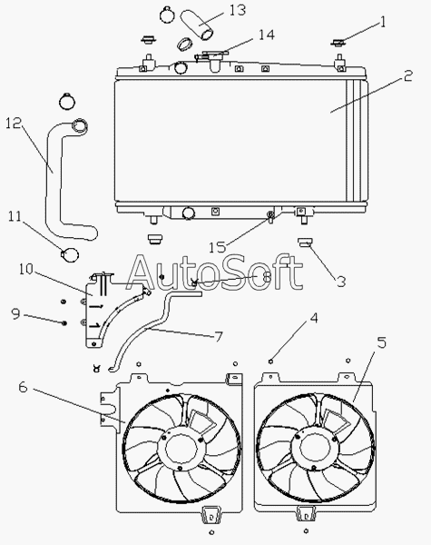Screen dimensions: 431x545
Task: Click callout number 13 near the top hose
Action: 237,10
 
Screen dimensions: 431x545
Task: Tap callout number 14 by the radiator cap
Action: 267,35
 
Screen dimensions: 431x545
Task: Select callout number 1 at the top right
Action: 383,22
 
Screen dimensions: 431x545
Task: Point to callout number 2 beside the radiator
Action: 407,75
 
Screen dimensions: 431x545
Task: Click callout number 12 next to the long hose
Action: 14,123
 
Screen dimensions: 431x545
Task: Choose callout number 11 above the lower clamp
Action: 15,216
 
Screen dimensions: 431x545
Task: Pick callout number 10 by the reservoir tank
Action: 26,269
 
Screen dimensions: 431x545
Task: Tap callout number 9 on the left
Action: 15,314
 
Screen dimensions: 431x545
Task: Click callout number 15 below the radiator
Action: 217,247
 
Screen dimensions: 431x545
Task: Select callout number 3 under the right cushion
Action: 341,282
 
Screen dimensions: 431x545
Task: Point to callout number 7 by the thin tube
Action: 218,336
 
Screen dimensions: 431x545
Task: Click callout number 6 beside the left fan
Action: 23,387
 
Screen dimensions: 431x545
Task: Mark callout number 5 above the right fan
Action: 381,342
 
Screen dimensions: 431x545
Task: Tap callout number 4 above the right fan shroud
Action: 314,318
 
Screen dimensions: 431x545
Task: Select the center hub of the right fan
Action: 315,447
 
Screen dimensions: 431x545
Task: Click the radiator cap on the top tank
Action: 212,54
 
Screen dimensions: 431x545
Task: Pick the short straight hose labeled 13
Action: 197,25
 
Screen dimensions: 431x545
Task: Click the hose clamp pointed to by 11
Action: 70,254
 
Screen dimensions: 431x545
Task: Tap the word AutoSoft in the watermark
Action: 214,272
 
